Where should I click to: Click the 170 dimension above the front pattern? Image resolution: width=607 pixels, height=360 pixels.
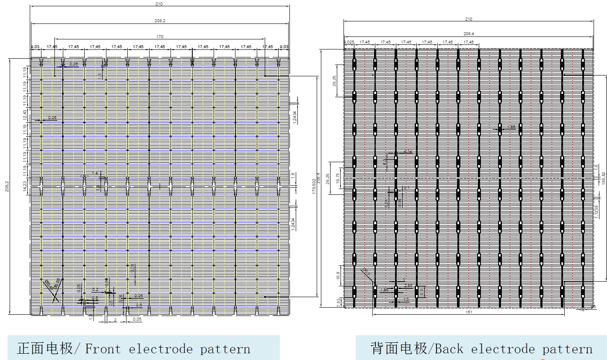[x=160, y=37]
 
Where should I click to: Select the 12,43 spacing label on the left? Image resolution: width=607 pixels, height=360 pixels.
[x=25, y=114]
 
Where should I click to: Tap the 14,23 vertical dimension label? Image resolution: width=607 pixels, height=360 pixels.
[x=25, y=186]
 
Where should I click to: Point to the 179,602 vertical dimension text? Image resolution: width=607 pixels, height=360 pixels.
[x=314, y=186]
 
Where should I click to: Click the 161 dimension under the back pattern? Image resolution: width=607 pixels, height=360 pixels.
[x=469, y=312]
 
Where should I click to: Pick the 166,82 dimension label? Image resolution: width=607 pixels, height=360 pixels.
[x=603, y=178]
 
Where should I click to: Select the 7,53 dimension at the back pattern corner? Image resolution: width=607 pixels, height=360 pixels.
[x=338, y=301]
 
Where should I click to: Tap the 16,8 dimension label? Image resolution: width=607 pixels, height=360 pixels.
[x=338, y=275]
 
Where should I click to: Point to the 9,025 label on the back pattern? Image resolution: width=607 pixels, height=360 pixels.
[x=349, y=42]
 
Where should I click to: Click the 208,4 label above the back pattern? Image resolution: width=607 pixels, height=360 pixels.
[x=469, y=34]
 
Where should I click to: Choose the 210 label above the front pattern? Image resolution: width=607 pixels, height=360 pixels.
[x=159, y=4]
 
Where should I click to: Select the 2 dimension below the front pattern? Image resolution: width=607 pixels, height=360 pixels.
[x=116, y=320]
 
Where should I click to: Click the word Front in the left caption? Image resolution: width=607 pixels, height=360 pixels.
[x=103, y=349]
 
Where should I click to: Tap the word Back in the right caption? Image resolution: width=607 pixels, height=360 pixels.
[x=449, y=349]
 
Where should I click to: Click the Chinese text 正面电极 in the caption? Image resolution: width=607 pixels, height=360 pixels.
[x=45, y=349]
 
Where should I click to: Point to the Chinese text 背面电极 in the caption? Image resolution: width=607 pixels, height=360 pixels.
[x=398, y=349]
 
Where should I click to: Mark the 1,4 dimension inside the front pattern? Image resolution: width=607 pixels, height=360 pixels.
[x=95, y=173]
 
